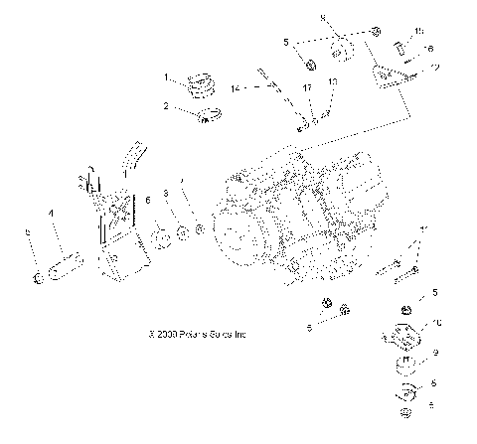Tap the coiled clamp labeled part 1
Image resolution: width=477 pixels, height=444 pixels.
click(205, 84)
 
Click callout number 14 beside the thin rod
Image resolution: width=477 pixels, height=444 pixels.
click(236, 88)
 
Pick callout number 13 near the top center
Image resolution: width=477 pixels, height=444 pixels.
click(333, 80)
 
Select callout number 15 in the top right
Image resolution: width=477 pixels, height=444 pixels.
click(418, 31)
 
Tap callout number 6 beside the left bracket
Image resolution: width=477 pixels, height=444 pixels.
click(148, 200)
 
